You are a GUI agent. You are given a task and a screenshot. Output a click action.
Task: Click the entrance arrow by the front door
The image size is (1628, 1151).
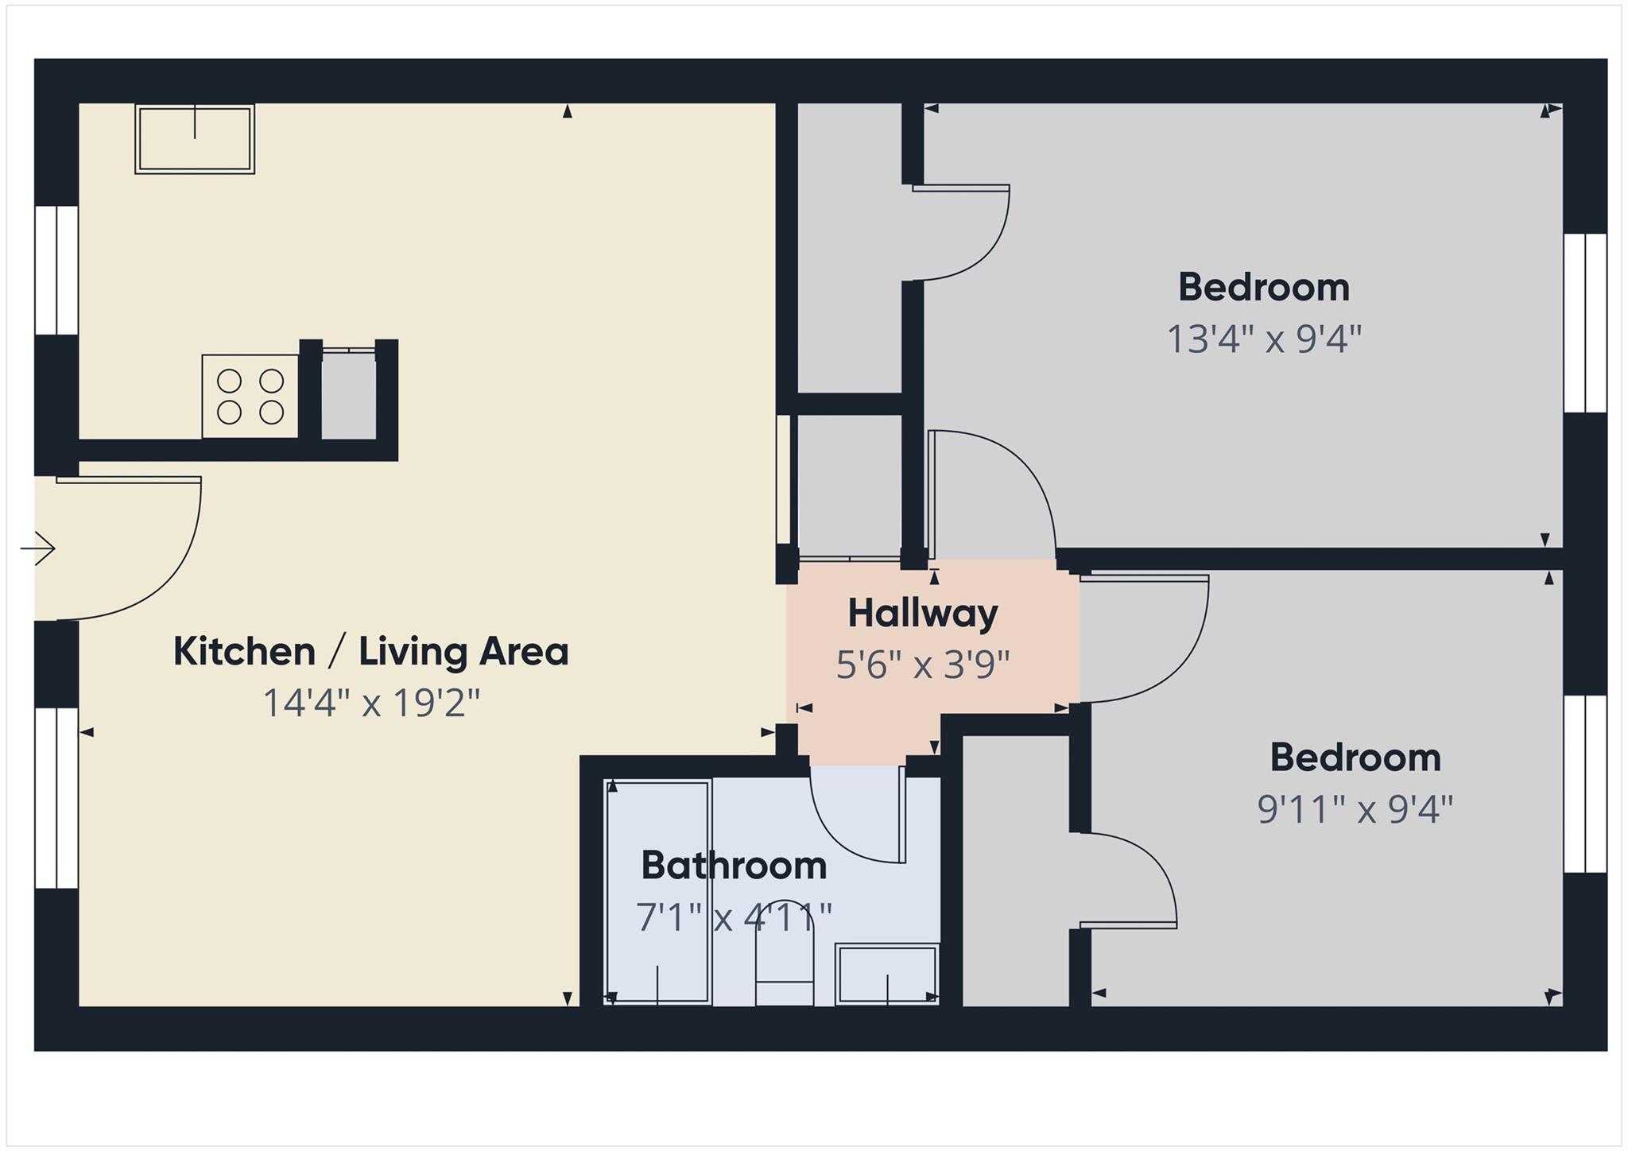pyautogui.click(x=37, y=548)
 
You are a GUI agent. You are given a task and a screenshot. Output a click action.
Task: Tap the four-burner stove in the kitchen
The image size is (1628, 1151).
pyautogui.click(x=250, y=396)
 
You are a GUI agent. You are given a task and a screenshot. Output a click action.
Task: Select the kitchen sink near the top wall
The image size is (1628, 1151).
pyautogui.click(x=195, y=139)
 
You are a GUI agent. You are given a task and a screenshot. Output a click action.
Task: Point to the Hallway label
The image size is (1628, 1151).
pyautogui.click(x=922, y=614)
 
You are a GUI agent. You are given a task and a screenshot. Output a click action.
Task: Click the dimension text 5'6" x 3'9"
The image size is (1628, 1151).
pyautogui.click(x=922, y=665)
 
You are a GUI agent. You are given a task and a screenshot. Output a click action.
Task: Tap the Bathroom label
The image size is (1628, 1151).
pyautogui.click(x=734, y=866)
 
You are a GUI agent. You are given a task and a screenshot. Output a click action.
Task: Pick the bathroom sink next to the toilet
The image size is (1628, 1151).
pyautogui.click(x=887, y=974)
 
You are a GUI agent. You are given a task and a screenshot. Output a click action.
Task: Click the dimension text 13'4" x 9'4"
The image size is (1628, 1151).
pyautogui.click(x=1263, y=339)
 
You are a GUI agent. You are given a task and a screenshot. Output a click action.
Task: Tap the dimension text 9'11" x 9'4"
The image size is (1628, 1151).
pyautogui.click(x=1355, y=810)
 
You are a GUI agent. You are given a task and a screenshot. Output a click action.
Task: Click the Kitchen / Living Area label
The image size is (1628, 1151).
pyautogui.click(x=371, y=652)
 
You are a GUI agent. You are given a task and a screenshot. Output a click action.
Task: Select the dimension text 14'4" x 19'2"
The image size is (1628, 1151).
pyautogui.click(x=371, y=703)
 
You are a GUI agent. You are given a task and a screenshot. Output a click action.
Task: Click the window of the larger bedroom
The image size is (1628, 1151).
pyautogui.click(x=1585, y=323)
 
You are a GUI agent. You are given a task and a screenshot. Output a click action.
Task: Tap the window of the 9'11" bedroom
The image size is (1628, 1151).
pyautogui.click(x=1585, y=784)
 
